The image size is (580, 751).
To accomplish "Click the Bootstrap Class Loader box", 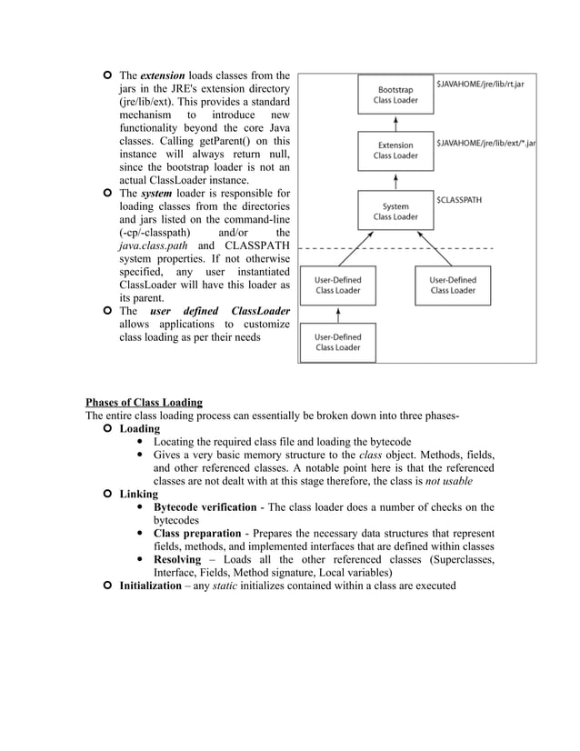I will [x=395, y=95].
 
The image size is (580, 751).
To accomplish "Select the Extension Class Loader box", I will [x=395, y=150].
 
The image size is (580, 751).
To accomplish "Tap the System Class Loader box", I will [x=395, y=211].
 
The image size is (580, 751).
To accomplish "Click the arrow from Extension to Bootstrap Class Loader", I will [x=395, y=122].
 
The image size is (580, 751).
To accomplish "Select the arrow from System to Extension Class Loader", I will [x=395, y=180].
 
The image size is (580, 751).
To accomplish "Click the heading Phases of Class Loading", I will [x=144, y=403].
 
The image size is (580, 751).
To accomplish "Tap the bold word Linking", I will [x=139, y=495].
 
